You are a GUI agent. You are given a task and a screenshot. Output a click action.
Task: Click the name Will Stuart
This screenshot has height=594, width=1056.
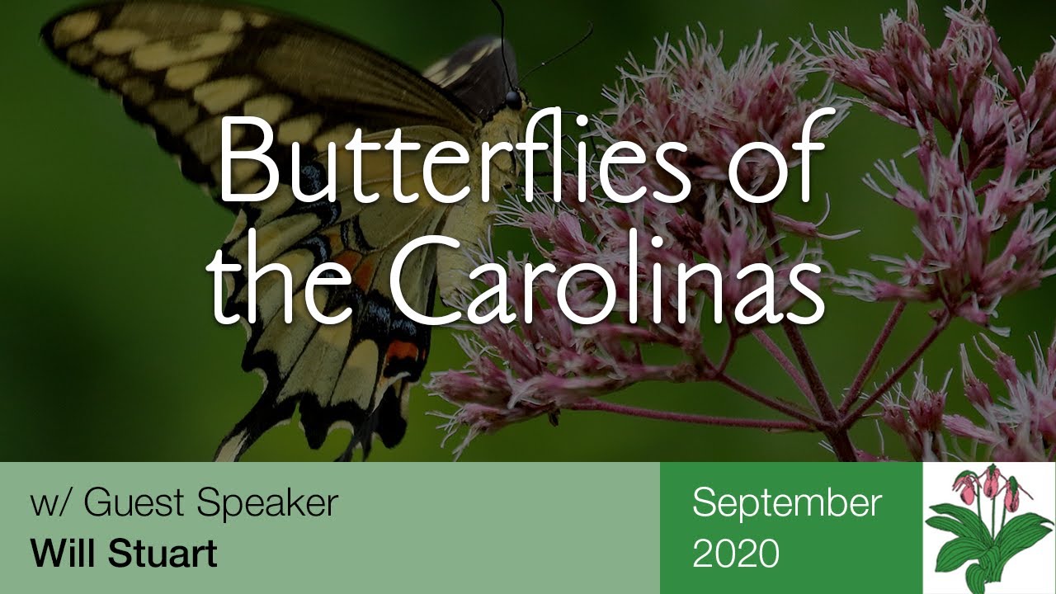[x=124, y=553]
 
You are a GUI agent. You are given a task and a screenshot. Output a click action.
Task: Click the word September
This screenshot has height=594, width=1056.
[x=786, y=502]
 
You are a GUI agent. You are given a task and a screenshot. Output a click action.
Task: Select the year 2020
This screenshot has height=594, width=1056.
[x=735, y=554]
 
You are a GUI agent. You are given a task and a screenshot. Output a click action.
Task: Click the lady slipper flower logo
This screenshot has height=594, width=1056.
[x=988, y=528]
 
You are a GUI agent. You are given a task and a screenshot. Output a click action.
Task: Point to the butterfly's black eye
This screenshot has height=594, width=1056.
[x=513, y=101]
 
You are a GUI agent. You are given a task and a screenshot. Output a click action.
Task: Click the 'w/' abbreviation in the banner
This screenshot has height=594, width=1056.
[x=50, y=503]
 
